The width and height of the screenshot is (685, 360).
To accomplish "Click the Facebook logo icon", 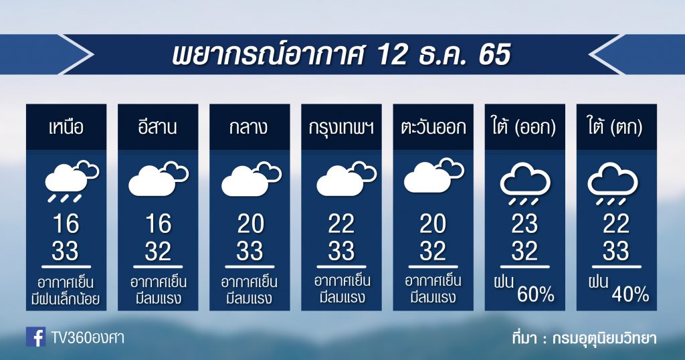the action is pos(36,337).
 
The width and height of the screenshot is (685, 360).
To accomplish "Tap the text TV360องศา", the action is pos(88,337).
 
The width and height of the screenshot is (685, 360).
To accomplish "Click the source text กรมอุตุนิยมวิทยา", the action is pos(604,338).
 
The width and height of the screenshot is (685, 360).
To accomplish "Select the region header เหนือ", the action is pos(66,127).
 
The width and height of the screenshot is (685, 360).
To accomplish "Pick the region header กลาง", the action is pos(249,127).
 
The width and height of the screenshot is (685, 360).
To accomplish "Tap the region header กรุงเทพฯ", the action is pos(341,128).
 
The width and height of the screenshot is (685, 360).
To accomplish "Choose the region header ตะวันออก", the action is pos(433,127).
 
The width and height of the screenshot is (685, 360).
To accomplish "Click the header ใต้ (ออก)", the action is pos(524,127).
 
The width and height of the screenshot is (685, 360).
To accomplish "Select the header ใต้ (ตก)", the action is pos(616,127).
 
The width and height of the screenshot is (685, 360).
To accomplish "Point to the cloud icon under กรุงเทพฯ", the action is pos(347,179).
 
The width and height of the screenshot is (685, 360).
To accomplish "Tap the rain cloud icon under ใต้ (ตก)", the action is pos(613,183).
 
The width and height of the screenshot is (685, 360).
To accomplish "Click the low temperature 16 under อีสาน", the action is pos(158,223).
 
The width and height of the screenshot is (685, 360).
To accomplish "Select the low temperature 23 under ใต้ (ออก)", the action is pos(524,223).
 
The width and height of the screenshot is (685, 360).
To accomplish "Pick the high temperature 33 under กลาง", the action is pos(250,251).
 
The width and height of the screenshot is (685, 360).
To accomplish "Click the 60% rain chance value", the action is pos(536,295).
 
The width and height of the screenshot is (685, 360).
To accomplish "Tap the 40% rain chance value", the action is pos(630,295).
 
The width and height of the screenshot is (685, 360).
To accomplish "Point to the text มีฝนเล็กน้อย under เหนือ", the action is pos(66,299).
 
